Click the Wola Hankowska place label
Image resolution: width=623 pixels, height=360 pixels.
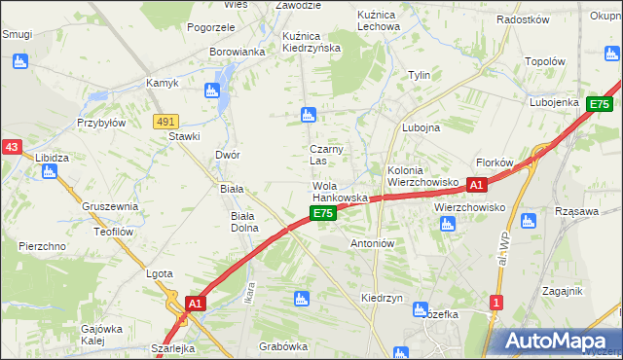[339, 192]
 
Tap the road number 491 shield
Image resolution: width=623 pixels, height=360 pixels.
[165, 121]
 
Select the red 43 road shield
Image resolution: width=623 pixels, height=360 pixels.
[12, 147]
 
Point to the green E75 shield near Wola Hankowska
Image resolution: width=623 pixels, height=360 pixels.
[324, 213]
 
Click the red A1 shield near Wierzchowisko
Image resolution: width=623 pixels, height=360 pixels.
[476, 183]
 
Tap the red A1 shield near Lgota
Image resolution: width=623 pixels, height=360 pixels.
[195, 304]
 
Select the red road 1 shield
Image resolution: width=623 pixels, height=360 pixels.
[496, 303]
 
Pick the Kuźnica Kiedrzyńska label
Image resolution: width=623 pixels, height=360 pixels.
[311, 42]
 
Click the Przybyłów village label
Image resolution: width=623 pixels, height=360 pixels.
[102, 124]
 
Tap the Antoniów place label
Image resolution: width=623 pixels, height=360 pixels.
[371, 243]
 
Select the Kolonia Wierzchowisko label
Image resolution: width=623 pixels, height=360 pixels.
[422, 176]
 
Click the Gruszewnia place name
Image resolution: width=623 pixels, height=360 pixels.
[109, 206]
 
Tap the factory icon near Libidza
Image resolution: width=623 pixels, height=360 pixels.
[50, 172]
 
